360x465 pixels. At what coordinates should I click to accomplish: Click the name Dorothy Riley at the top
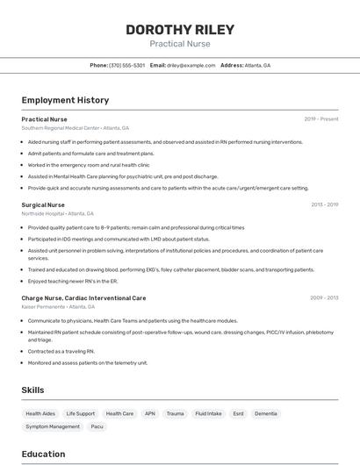(179, 29)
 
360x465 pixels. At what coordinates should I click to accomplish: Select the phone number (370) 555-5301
(127, 66)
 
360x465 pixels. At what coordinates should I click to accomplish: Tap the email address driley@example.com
(191, 66)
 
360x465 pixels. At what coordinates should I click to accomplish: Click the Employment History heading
(65, 100)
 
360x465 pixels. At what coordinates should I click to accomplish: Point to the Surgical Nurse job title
(43, 204)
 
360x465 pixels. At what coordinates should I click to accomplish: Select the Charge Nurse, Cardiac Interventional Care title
(83, 298)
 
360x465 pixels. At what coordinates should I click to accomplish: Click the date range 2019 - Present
(321, 119)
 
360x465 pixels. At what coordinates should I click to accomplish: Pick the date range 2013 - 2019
(324, 204)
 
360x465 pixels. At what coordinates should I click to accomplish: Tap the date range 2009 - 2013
(324, 298)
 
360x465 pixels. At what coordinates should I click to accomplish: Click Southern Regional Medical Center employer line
(75, 127)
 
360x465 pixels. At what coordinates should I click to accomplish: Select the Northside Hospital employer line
(57, 213)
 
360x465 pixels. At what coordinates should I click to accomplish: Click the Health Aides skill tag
(40, 413)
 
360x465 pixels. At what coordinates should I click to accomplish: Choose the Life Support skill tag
(80, 413)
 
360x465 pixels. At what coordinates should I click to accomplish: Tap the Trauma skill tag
(176, 413)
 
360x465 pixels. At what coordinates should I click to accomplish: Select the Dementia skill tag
(266, 413)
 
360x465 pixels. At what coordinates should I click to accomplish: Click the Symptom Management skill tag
(53, 426)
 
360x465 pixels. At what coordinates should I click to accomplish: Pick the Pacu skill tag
(97, 426)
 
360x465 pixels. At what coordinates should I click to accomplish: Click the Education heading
(43, 454)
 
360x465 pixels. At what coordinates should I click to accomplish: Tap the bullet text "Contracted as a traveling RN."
(61, 351)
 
